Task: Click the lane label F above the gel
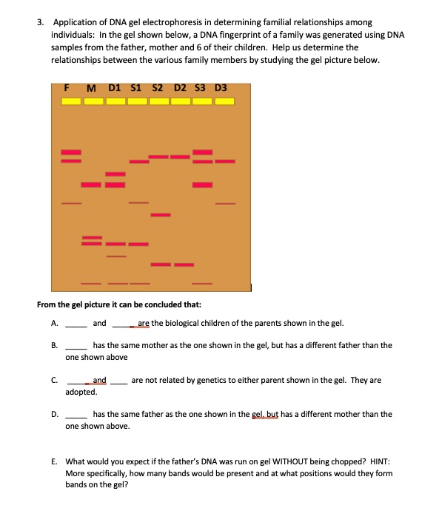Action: click(67, 88)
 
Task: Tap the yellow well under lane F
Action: click(71, 101)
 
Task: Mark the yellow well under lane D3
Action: click(225, 101)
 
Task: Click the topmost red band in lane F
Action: click(71, 152)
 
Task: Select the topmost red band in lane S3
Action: click(203, 152)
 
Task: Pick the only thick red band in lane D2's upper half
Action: click(181, 156)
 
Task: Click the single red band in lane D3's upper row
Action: click(225, 161)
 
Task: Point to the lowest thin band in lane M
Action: click(91, 283)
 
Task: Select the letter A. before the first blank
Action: click(54, 323)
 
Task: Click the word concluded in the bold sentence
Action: click(142, 304)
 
